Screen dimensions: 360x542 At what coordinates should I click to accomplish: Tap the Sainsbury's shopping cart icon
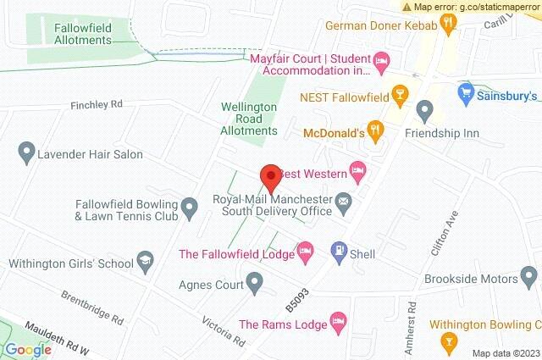pos(465,91)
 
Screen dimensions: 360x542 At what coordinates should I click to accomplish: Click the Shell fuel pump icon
pos(338,250)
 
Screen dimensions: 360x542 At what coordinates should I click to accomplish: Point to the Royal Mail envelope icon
pos(344,202)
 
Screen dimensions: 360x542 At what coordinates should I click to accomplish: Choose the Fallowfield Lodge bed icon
pos(305,250)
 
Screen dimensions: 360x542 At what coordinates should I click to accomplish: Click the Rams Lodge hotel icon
pos(340,321)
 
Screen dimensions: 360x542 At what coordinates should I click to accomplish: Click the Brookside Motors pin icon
pos(529,276)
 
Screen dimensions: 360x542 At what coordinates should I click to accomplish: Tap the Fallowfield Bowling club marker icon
pos(192,205)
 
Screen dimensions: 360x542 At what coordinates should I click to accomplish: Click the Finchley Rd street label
pos(97,105)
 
